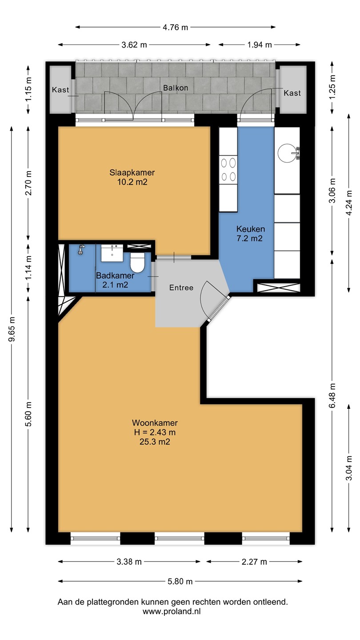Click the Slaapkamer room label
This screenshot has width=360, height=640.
[132, 172]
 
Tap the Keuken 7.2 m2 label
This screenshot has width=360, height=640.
[250, 233]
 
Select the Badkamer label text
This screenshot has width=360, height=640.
[115, 276]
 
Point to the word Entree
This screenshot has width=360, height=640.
[181, 288]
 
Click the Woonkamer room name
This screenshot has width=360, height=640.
[155, 423]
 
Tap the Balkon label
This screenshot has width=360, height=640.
[176, 88]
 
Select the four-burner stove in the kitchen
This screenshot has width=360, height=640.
[228, 170]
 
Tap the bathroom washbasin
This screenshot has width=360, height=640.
[112, 253]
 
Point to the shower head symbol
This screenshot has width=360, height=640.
[81, 249]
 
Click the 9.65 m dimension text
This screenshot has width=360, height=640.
[12, 329]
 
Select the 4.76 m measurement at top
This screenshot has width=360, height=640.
[176, 27]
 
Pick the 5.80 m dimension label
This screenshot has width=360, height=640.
[180, 581]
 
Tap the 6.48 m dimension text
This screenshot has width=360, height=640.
[332, 396]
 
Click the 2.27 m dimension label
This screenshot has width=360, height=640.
[254, 562]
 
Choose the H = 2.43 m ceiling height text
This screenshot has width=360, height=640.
[155, 432]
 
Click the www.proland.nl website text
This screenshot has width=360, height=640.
[172, 612]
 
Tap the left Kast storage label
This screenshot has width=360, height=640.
[60, 90]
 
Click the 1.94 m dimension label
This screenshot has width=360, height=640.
[260, 44]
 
